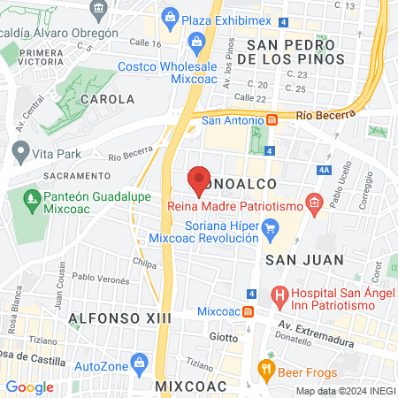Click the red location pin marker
pyautogui.click(x=200, y=180)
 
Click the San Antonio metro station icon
pyautogui.click(x=272, y=120)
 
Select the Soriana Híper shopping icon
pyautogui.click(x=272, y=233)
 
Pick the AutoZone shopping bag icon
pyautogui.click(x=139, y=363)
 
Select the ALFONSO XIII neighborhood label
pyautogui.click(x=96, y=317)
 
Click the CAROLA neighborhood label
pyautogui.click(x=107, y=100)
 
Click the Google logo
pyautogui.click(x=30, y=387)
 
